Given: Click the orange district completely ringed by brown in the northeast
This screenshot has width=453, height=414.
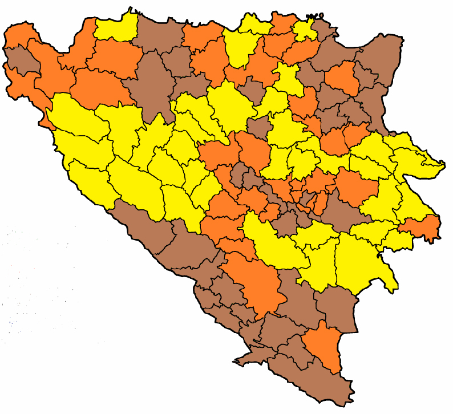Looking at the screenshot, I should point(342,79).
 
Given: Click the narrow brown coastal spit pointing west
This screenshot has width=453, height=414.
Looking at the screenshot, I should point(242,359).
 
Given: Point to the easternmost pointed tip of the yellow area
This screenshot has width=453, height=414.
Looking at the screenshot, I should point(444,166).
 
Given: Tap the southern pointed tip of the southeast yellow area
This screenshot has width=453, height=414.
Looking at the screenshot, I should point(393,291).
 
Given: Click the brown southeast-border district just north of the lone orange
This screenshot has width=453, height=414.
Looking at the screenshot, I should point(337,308).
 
